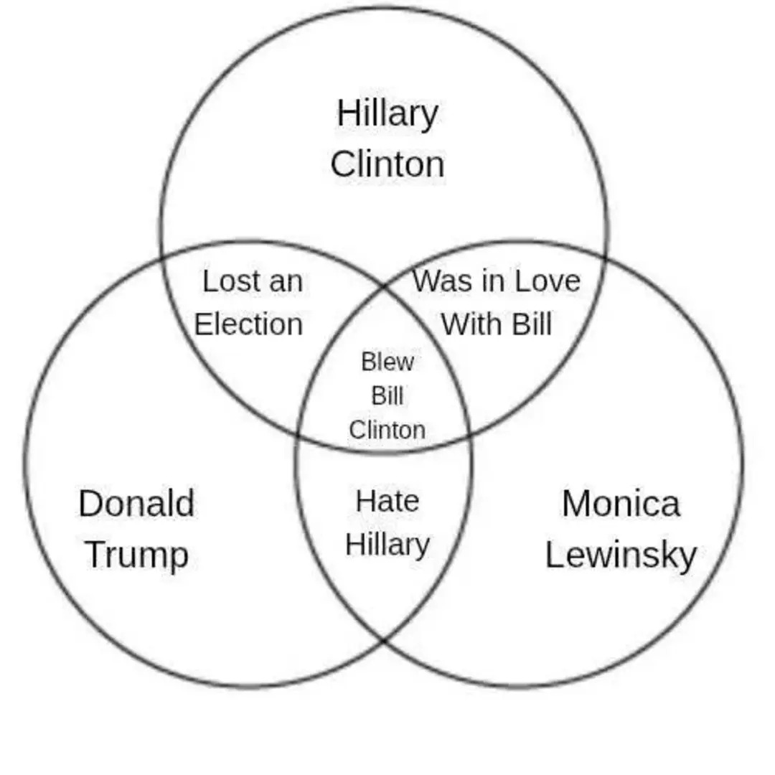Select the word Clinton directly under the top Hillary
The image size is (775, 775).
(x=387, y=164)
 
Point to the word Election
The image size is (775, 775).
(x=248, y=324)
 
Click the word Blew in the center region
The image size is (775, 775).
(x=387, y=361)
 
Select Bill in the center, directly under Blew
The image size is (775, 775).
(x=387, y=395)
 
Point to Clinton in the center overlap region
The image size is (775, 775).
(x=387, y=430)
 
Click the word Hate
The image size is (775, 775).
(x=387, y=501)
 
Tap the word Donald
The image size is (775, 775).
(x=136, y=503)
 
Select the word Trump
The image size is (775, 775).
(x=137, y=555)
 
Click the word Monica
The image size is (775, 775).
(x=621, y=503)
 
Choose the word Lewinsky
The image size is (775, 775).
(x=621, y=555)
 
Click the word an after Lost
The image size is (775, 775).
(x=286, y=283)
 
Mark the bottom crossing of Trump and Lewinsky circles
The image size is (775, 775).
(x=384, y=641)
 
